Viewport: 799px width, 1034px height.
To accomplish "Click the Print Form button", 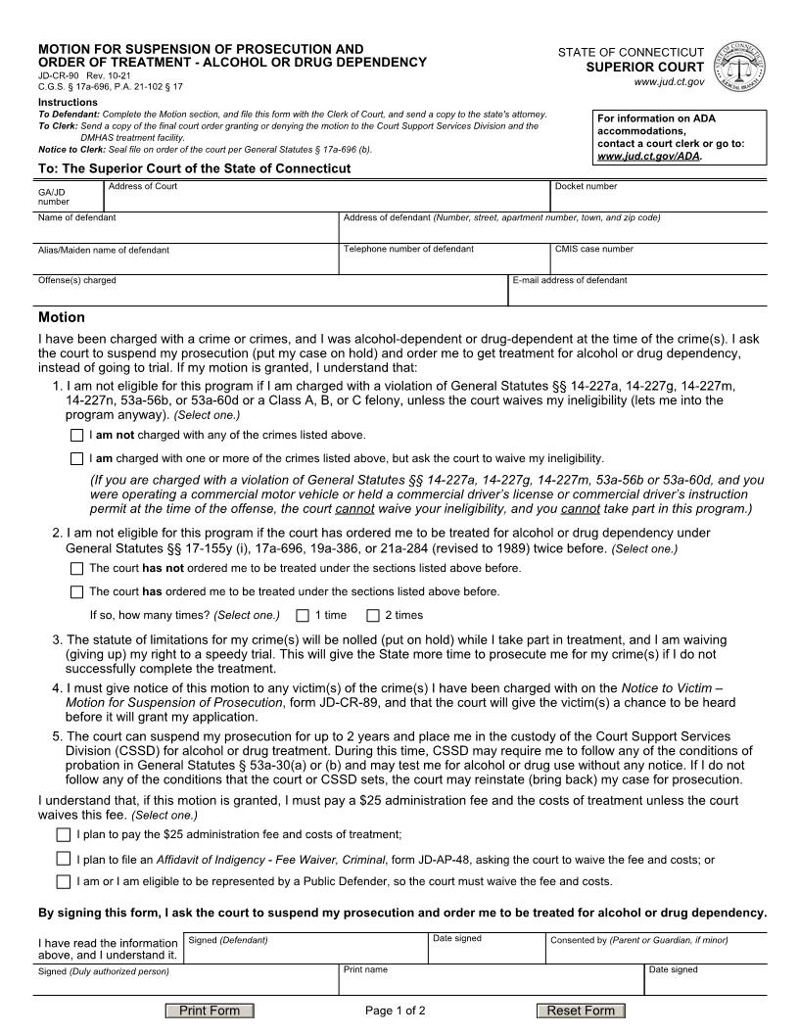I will (210, 1010).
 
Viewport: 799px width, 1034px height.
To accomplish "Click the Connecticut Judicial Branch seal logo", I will (740, 68).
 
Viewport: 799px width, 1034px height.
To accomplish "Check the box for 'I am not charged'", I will (76, 435).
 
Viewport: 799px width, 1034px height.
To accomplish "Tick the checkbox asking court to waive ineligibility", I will (76, 458).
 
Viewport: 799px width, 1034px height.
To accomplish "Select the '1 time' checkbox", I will (303, 615).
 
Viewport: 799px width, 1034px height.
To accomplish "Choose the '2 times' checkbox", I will (373, 615).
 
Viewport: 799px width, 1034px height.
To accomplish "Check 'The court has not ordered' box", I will (76, 568).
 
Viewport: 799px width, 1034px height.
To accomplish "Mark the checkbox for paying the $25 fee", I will (64, 834).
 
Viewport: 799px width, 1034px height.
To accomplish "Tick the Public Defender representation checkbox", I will (64, 881).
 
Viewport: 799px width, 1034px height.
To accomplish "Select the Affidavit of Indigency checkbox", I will (64, 859).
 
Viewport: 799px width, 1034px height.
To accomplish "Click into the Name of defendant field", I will (186, 230).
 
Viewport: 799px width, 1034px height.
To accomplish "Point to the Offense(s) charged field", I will (269, 294).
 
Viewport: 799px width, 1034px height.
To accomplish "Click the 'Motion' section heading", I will (62, 317).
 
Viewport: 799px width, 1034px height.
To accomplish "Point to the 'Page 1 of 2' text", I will (395, 1010).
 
